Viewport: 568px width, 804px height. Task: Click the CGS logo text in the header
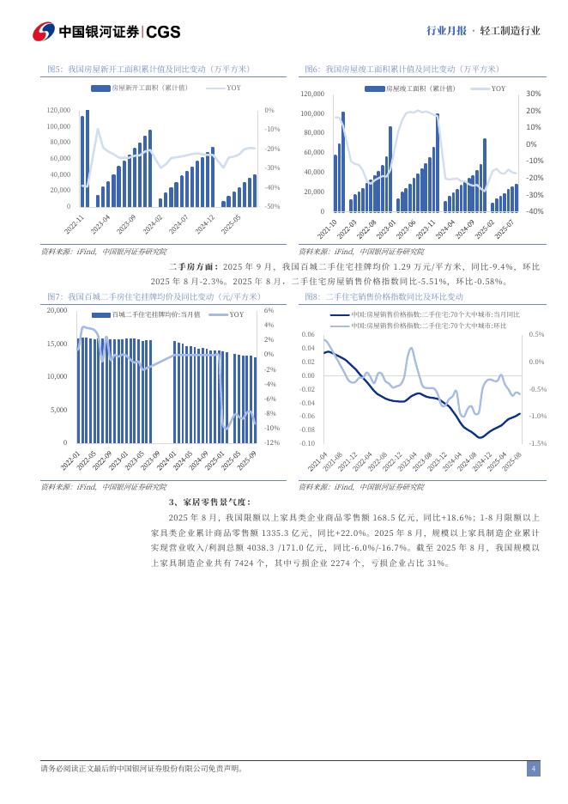(x=163, y=32)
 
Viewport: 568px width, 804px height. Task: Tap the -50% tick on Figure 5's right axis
(x=270, y=206)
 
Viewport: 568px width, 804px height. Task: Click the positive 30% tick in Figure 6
(x=532, y=94)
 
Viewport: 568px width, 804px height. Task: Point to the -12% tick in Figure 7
(x=269, y=442)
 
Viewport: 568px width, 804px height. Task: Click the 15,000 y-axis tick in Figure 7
(x=55, y=344)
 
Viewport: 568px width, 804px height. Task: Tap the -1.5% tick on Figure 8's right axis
(x=537, y=443)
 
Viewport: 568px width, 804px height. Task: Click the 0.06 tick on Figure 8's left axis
(x=306, y=334)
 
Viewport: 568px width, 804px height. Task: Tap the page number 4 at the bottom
(x=533, y=768)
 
